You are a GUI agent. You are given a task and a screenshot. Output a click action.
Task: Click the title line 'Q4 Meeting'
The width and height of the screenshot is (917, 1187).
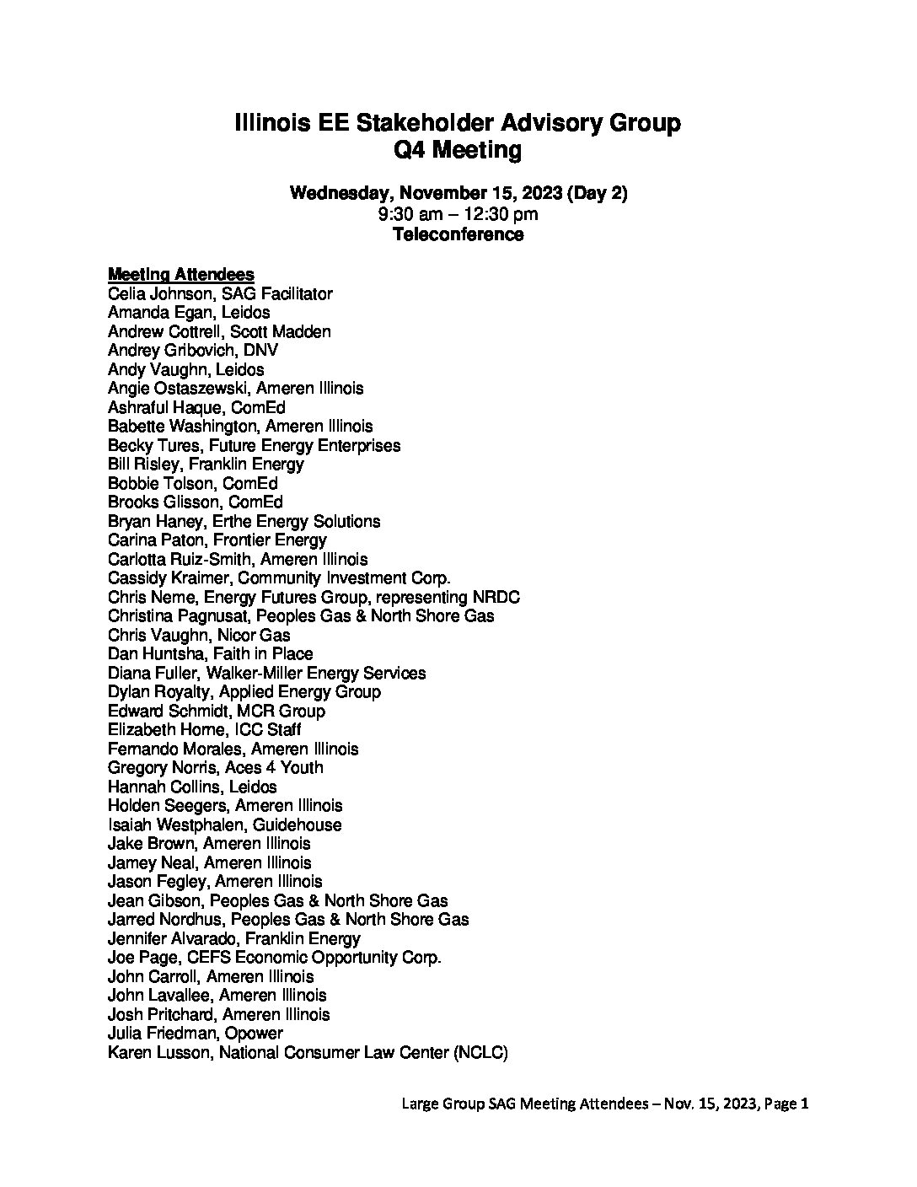coord(458,150)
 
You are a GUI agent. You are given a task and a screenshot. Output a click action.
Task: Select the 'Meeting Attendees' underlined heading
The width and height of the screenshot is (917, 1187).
coord(181,275)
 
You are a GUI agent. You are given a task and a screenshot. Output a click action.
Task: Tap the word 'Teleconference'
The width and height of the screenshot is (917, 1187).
coord(458,234)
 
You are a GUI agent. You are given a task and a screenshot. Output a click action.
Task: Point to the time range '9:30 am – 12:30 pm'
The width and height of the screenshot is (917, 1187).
coord(458,214)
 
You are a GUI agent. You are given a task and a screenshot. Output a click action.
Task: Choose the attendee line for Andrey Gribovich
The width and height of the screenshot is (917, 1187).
coord(193,351)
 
